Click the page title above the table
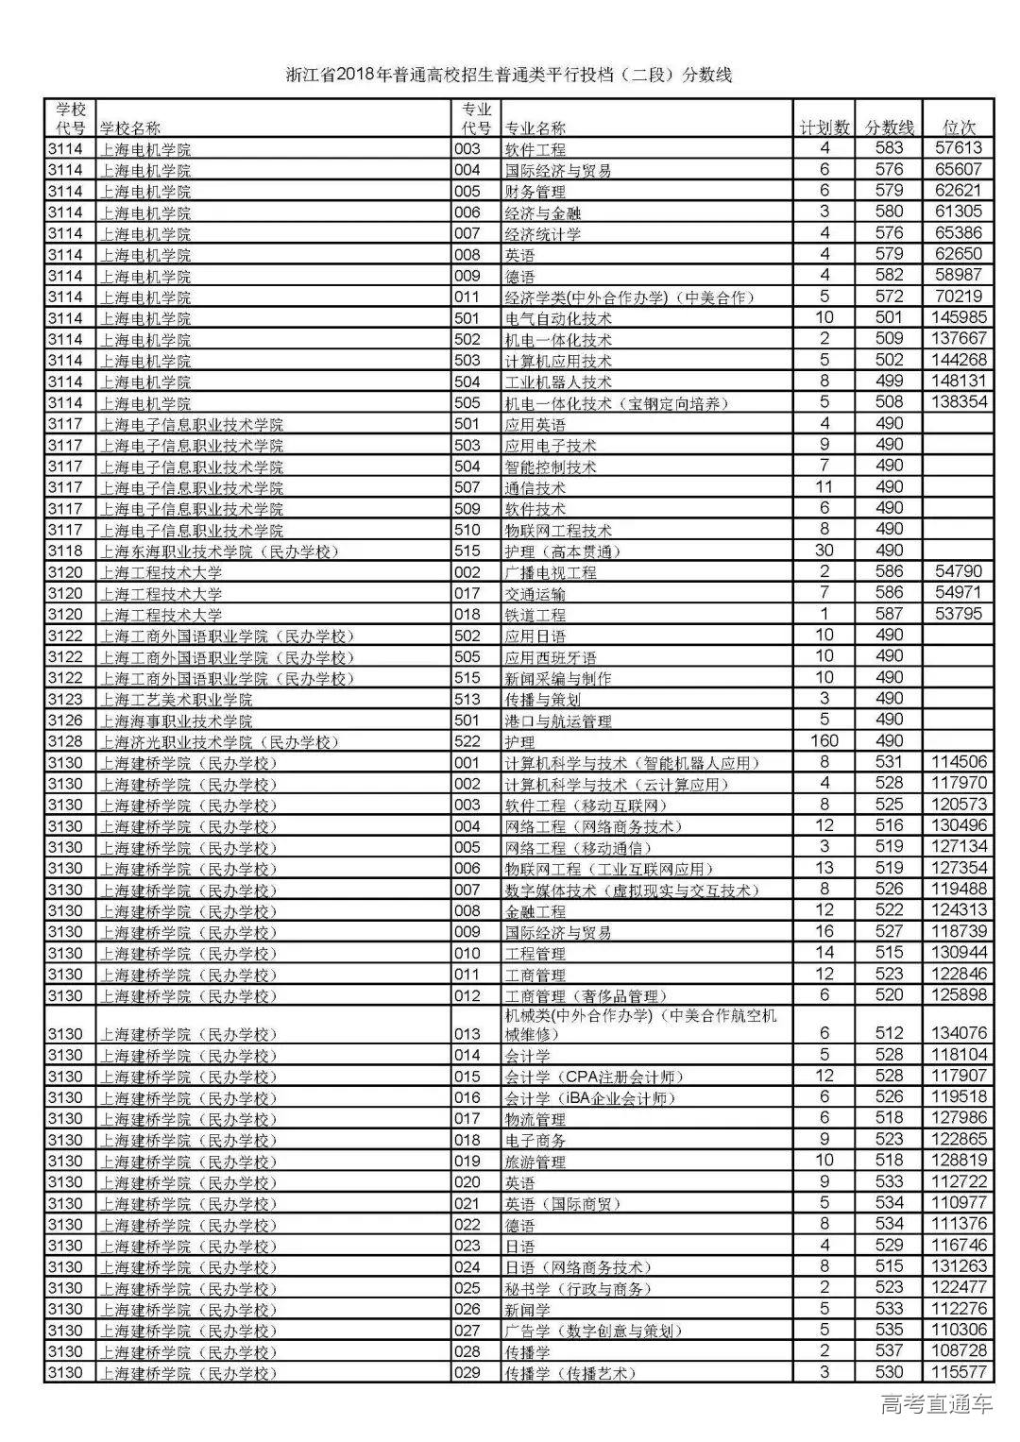509,75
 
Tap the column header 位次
959,127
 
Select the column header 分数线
889,127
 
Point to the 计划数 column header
824,127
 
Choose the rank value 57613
959,148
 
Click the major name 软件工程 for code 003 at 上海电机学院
535,149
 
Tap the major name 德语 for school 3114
520,276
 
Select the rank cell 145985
959,317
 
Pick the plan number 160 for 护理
824,741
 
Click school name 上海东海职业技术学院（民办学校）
219,551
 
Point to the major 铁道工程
535,615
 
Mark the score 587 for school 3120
889,614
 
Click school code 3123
65,700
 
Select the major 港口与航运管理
558,721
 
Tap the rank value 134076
959,1033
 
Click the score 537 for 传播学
889,1351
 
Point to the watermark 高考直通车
937,1404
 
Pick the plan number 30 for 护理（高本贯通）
824,551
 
